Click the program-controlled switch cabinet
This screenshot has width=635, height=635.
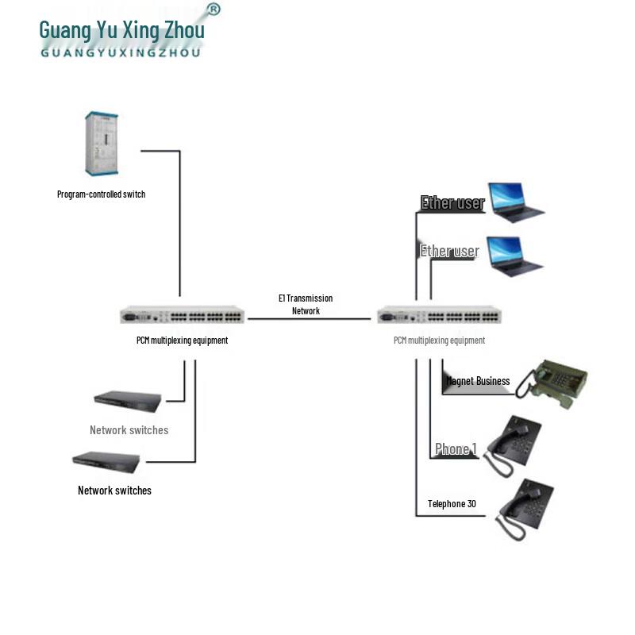pos(101,144)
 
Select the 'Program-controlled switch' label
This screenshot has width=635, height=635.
pos(101,194)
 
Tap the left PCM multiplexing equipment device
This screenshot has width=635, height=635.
pos(182,315)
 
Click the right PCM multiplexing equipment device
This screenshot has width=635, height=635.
pos(439,315)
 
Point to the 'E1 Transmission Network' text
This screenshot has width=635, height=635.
pos(306,304)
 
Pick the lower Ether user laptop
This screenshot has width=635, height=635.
pos(514,256)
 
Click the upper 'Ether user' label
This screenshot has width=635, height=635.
pos(452,203)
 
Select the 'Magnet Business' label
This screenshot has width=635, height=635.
pos(478,381)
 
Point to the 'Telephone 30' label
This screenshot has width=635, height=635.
pos(452,503)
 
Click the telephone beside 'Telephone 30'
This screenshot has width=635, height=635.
pos(524,506)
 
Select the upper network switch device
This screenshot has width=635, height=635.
pos(127,402)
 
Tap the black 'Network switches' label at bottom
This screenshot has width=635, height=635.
pos(114,491)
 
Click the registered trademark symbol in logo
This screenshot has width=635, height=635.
pos(213,10)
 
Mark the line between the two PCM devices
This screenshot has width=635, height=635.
pos(309,319)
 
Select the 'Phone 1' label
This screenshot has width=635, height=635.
pos(455,449)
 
